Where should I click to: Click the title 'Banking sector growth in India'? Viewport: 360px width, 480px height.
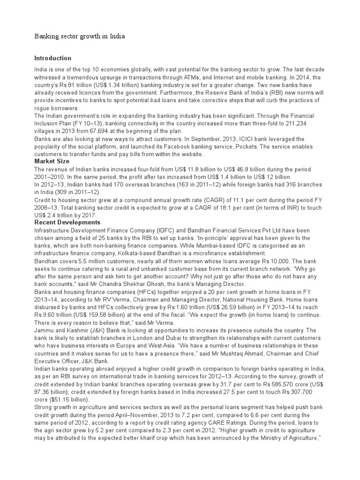coord(80,36)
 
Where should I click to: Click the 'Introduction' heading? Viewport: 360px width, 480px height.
coord(53,58)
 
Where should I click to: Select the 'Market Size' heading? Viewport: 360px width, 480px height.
coord(52,161)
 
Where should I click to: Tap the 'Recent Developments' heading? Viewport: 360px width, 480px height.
coord(67,222)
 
